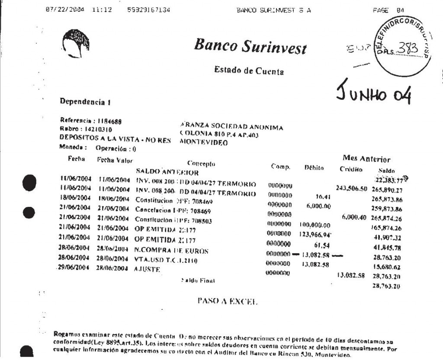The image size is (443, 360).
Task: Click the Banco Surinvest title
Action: coord(250,45)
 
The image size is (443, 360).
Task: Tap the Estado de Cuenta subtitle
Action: coord(249,71)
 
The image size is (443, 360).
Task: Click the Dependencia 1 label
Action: coord(86,103)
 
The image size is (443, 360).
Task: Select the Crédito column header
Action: coord(350,170)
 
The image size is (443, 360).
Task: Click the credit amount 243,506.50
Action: coord(351,188)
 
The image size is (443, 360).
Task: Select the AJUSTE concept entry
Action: coord(148,269)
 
